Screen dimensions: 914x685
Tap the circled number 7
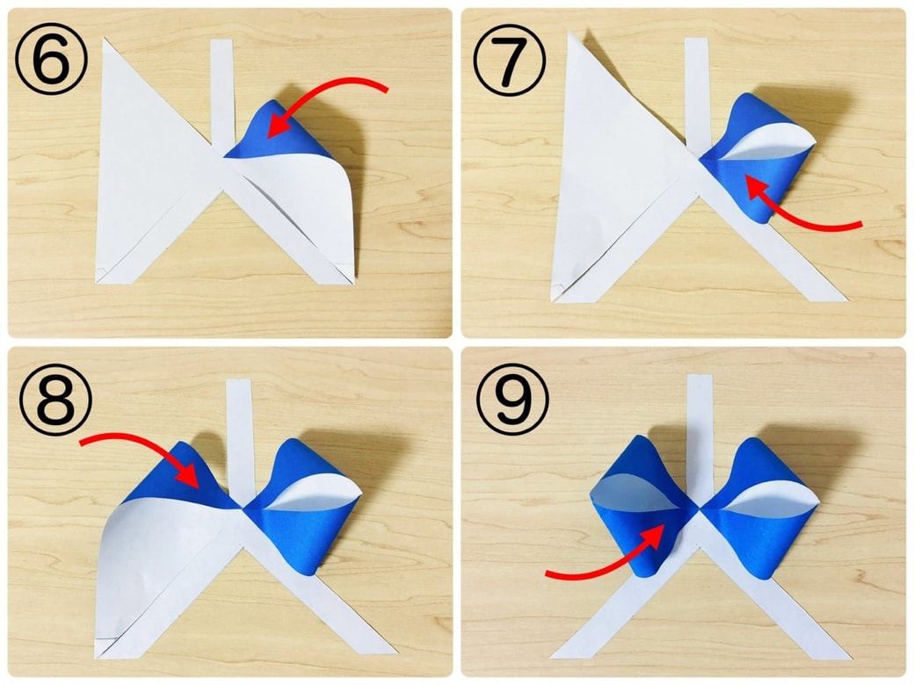pyautogui.click(x=510, y=60)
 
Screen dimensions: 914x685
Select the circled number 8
pyautogui.click(x=56, y=400)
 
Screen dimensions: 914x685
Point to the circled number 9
pyautogui.click(x=513, y=400)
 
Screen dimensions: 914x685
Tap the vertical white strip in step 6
pyautogui.click(x=222, y=93)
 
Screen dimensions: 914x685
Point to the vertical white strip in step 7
pyautogui.click(x=697, y=92)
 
